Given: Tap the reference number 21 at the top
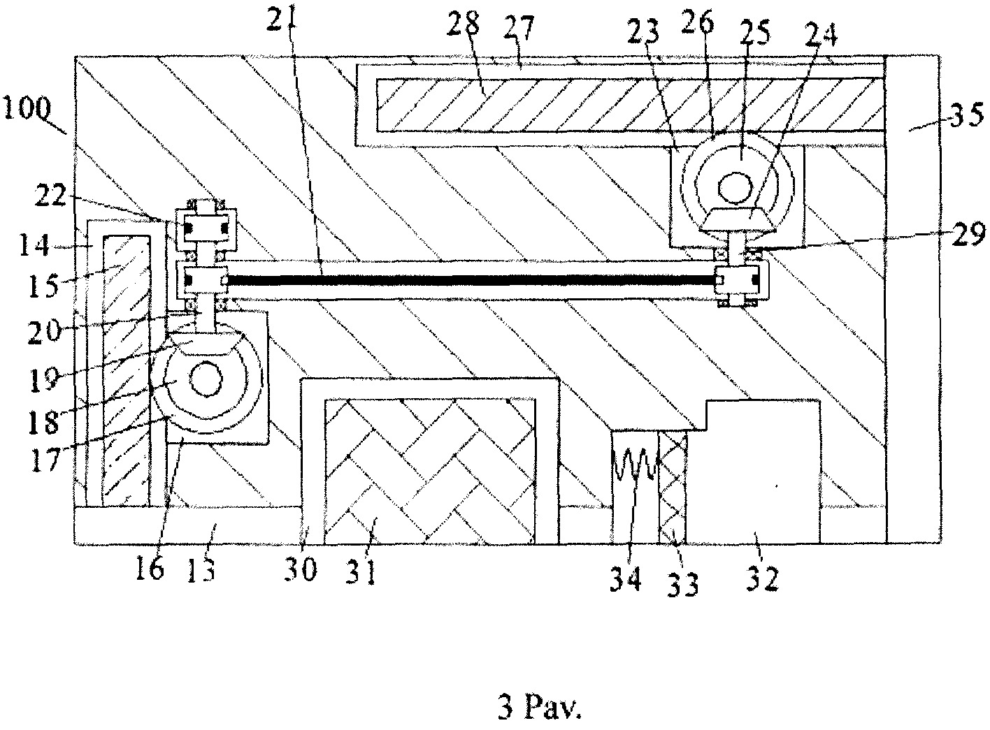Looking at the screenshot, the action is pyautogui.click(x=281, y=15).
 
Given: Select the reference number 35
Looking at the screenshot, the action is pyautogui.click(x=966, y=115).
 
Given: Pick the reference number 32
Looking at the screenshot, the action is pyautogui.click(x=763, y=578).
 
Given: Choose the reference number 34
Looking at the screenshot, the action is pyautogui.click(x=626, y=578).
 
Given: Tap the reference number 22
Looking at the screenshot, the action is pyautogui.click(x=50, y=196).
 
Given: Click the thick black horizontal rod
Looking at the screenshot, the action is pyautogui.click(x=472, y=280).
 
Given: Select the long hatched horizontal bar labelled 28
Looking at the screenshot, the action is pyautogui.click(x=631, y=105).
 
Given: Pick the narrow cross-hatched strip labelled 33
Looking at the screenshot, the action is pyautogui.click(x=673, y=488).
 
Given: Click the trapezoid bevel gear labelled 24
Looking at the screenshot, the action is pyautogui.click(x=735, y=220).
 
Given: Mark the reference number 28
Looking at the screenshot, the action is pyautogui.click(x=464, y=24).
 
